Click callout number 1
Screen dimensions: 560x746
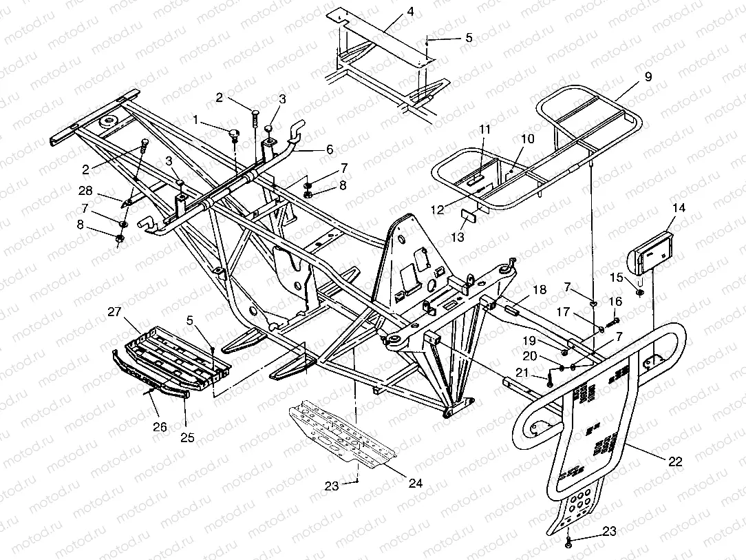(x=195, y=120)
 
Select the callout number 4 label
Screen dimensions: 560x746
(x=410, y=12)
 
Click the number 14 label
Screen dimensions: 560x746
(x=679, y=207)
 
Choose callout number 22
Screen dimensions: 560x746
(x=676, y=462)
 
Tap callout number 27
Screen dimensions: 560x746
(x=113, y=311)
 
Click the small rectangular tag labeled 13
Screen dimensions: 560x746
(x=467, y=214)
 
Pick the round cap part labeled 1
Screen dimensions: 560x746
(x=234, y=132)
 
